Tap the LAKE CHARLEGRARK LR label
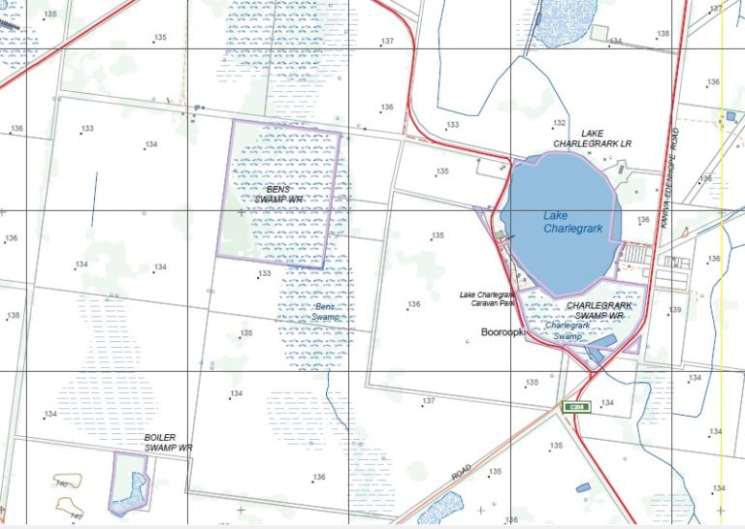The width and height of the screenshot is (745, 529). (592, 139)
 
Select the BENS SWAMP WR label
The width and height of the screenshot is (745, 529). (279, 194)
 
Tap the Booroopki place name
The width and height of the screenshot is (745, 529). (502, 331)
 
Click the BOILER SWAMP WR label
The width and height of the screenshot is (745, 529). (169, 443)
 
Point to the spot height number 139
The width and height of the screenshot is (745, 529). (675, 310)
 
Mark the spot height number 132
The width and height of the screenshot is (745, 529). (559, 123)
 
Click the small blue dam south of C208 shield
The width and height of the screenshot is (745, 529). (583, 487)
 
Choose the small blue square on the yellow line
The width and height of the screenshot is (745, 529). (730, 116)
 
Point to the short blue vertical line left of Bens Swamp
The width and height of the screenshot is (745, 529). (94, 200)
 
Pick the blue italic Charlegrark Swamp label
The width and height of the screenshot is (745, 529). (568, 330)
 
